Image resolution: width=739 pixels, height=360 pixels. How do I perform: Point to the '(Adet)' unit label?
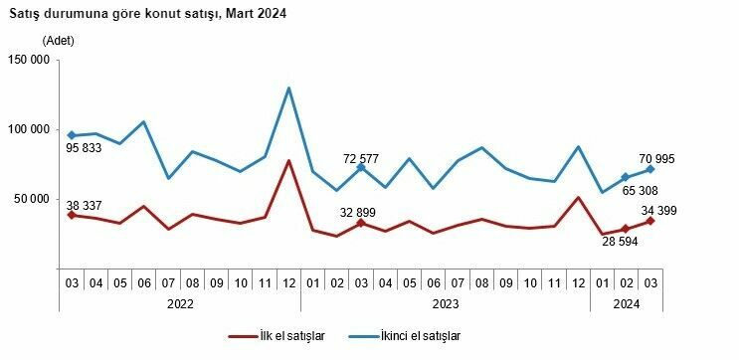(59, 41)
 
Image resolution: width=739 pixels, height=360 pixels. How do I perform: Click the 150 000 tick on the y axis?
(29, 60)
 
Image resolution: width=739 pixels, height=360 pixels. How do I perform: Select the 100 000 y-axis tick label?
(29, 129)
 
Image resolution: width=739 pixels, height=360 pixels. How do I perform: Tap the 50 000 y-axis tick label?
(32, 198)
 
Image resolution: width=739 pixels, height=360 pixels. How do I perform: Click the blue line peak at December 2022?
(288, 88)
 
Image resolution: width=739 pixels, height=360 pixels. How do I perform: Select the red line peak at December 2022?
(288, 160)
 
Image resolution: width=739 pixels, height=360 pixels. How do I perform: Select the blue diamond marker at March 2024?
(649, 169)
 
